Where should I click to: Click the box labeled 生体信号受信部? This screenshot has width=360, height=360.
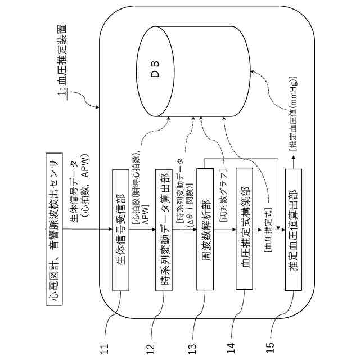(120, 229)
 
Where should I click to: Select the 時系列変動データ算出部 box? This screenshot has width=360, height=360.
(163, 229)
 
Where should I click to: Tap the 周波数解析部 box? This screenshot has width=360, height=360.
(205, 229)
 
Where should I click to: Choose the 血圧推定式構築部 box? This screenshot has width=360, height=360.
(246, 229)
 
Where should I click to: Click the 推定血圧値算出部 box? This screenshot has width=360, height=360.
(292, 229)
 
